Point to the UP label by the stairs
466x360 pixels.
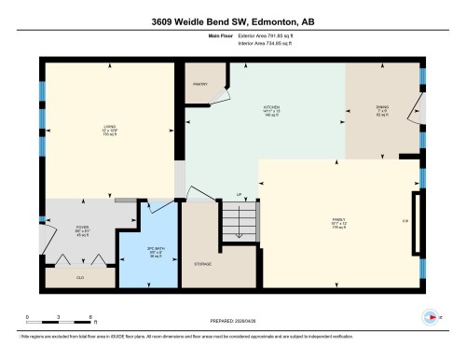(240, 195)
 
